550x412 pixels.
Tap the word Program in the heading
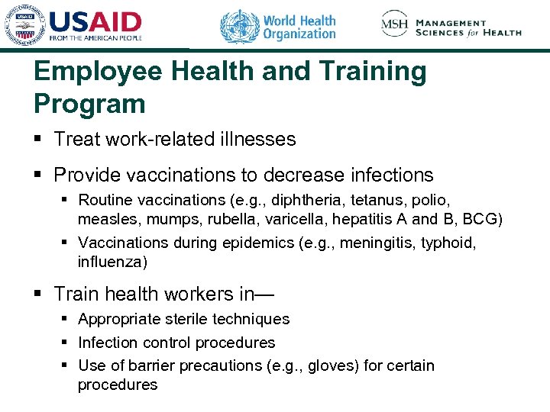coord(89,103)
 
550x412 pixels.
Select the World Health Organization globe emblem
coord(240,27)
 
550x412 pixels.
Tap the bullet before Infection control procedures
coord(66,343)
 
